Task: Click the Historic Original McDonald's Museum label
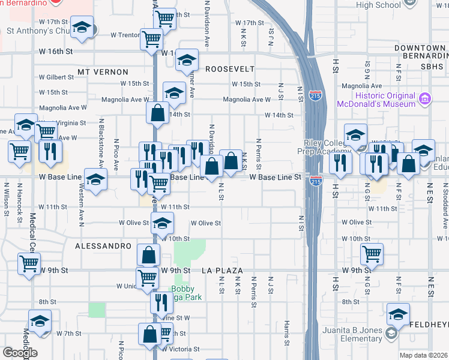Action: click(x=385, y=100)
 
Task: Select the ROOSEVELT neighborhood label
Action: click(x=230, y=69)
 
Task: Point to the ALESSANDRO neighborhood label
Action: click(x=103, y=246)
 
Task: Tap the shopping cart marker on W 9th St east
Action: click(x=372, y=254)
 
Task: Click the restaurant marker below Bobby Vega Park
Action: click(x=161, y=301)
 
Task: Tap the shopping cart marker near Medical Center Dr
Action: click(x=29, y=263)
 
